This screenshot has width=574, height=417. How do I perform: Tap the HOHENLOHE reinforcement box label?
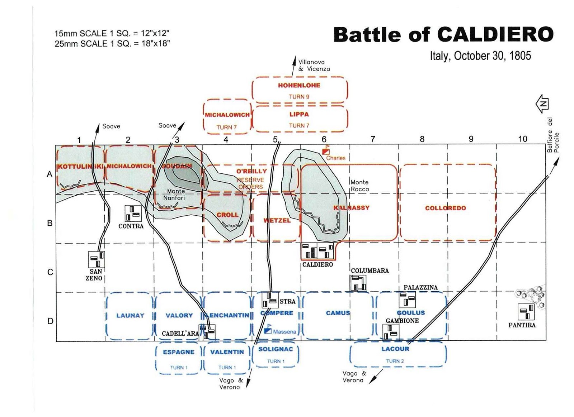[299, 85]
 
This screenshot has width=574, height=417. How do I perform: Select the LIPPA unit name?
[299, 114]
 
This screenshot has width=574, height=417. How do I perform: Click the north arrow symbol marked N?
[542, 104]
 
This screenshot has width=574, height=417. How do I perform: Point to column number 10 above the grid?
[522, 139]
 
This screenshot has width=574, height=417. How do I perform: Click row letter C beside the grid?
[50, 272]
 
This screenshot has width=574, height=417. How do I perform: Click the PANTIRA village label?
[522, 325]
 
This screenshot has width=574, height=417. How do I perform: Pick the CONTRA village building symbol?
[133, 213]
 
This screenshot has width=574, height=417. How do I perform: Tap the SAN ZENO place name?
[94, 275]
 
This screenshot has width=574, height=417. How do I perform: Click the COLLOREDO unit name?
[445, 208]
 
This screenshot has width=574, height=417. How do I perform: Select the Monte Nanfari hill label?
[175, 195]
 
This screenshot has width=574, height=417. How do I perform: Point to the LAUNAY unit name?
[130, 316]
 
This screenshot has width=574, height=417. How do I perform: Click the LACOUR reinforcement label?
[395, 349]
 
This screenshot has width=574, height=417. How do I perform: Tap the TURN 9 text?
[299, 97]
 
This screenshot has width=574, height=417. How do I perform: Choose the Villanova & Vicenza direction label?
[314, 66]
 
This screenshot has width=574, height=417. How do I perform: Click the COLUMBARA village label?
[370, 271]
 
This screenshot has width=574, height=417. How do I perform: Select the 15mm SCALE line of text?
[112, 34]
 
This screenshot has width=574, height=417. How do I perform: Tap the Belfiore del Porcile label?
[553, 135]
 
